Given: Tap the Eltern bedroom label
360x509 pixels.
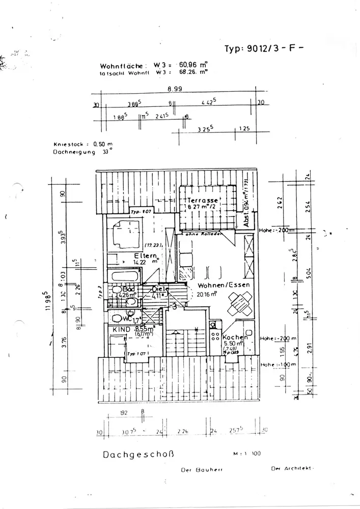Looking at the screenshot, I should [145, 255].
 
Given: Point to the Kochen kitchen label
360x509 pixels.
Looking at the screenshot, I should [235, 337].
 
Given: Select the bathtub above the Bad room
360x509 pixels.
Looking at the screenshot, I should [125, 276].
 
